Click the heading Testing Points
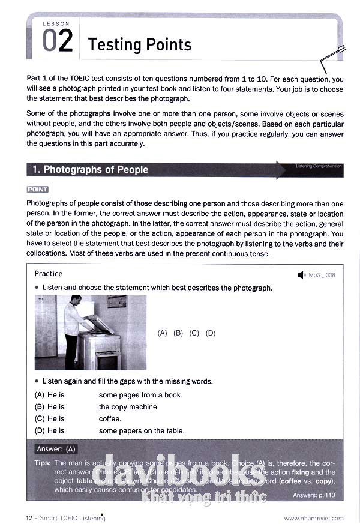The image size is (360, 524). click(139, 44)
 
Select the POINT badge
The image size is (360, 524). click(37, 190)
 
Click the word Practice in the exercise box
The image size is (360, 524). click(49, 274)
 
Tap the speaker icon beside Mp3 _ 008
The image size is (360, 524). click(301, 275)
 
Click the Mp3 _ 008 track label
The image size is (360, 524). click(322, 275)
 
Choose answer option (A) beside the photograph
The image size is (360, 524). click(162, 333)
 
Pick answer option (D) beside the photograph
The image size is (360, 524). click(210, 333)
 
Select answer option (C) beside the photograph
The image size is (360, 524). click(194, 333)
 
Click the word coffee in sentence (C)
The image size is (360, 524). click(109, 419)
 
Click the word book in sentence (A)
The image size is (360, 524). click(172, 395)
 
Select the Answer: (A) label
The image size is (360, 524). click(56, 449)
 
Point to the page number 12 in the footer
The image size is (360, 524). click(29, 517)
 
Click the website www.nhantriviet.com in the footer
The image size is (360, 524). click(314, 517)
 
